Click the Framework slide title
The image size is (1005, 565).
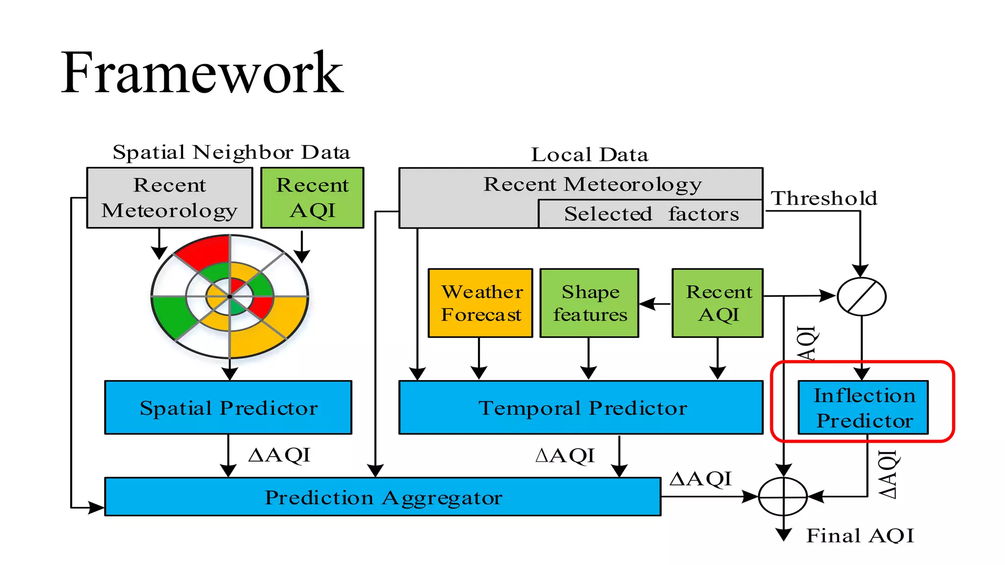(202, 74)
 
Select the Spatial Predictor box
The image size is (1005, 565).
(228, 408)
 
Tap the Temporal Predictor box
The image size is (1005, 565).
(581, 408)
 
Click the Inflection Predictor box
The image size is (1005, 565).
(863, 408)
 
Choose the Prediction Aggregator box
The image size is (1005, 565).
(383, 497)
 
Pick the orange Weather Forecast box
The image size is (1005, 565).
(480, 303)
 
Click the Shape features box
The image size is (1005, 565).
(589, 303)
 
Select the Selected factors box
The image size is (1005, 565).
(651, 214)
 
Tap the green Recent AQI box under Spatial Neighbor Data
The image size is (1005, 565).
(312, 198)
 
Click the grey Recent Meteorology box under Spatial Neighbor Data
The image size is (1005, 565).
(170, 198)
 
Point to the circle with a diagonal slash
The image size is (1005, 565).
(861, 296)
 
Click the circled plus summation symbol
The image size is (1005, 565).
(783, 497)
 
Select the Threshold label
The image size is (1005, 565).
(824, 199)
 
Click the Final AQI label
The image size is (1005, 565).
(860, 536)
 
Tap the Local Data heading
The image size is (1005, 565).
(589, 155)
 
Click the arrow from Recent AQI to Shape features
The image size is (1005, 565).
(655, 304)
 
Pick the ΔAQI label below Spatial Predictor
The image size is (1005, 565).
(279, 455)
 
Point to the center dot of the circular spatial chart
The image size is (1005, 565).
(230, 297)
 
